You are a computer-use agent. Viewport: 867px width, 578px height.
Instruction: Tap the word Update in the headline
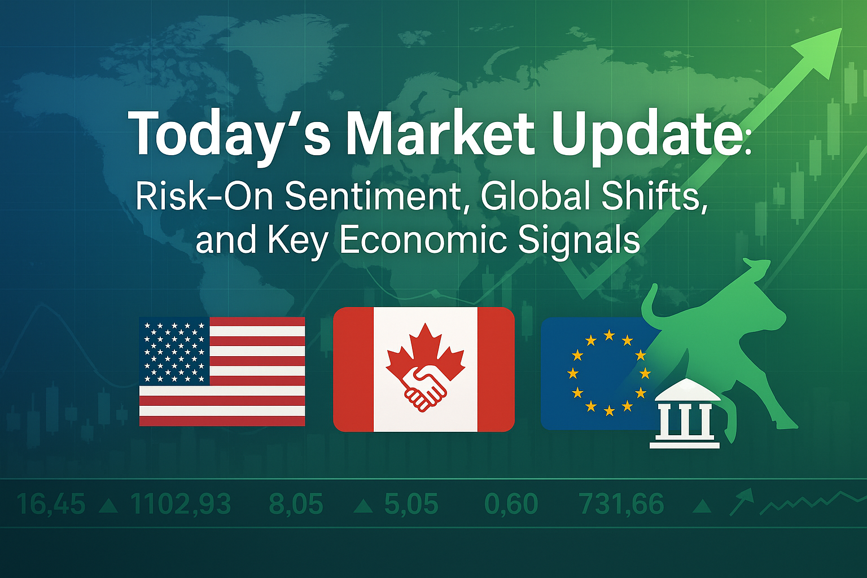tap(643, 135)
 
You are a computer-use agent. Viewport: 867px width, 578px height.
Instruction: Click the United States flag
tap(222, 371)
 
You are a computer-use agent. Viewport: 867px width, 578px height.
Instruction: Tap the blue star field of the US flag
tap(174, 351)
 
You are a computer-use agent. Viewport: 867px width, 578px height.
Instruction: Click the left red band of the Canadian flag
tap(353, 369)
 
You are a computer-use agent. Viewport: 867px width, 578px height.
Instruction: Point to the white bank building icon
tap(685, 413)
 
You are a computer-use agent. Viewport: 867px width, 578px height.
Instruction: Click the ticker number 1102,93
tap(181, 503)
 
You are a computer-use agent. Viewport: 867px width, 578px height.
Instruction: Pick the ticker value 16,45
tap(51, 503)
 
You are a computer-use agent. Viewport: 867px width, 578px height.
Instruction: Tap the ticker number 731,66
tap(621, 503)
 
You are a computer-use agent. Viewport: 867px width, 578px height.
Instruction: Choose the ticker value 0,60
tap(511, 503)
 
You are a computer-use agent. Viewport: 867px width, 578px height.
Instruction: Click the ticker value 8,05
tap(296, 503)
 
